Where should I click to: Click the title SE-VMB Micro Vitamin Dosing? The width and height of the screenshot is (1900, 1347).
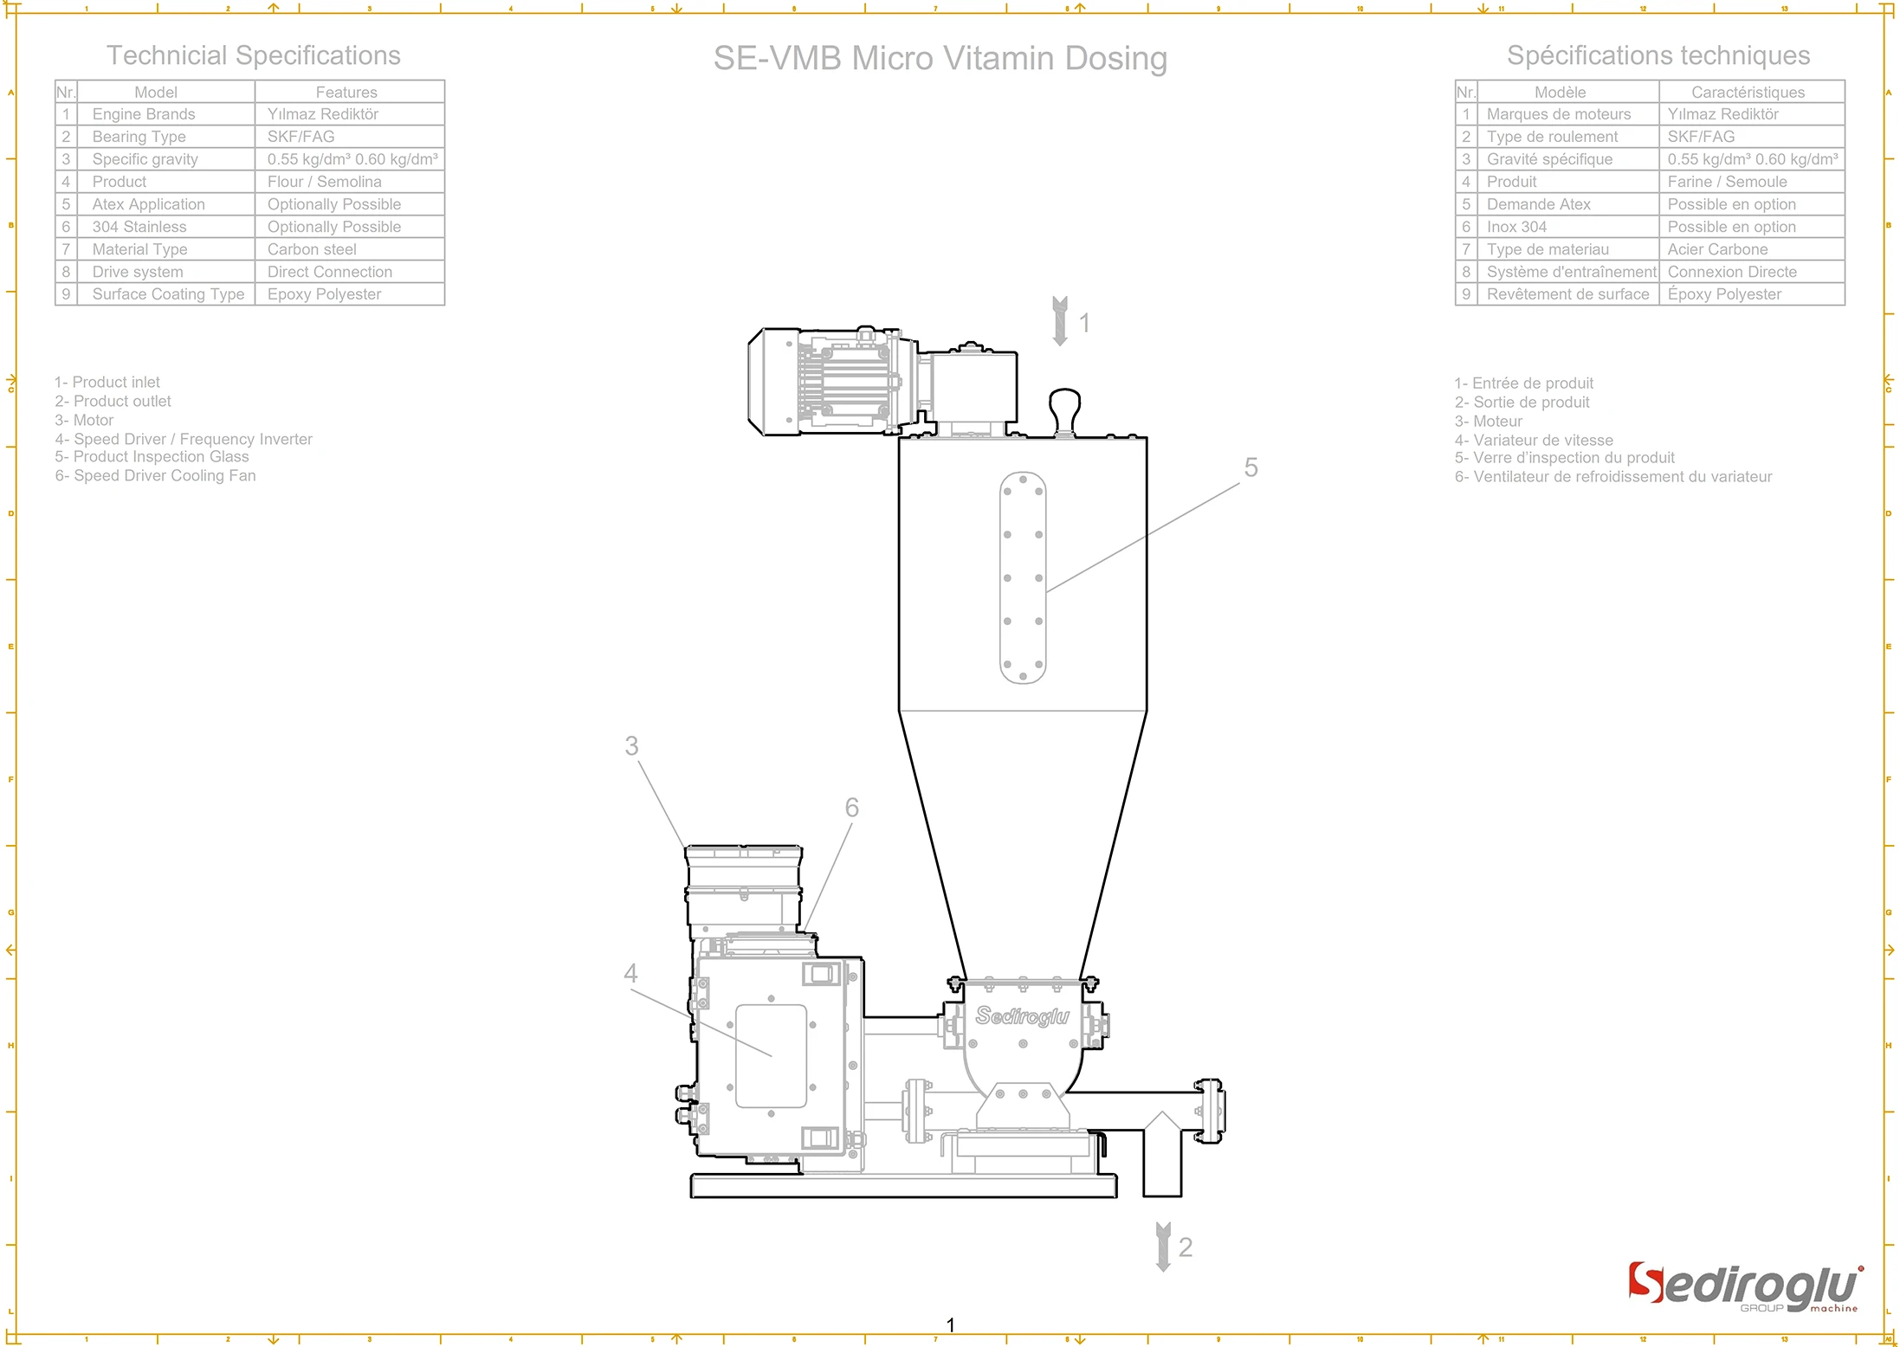click(940, 59)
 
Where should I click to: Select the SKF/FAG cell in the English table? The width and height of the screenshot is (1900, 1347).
click(301, 137)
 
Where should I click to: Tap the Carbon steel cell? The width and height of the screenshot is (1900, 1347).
click(312, 249)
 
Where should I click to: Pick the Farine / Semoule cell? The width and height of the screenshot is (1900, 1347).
click(1727, 182)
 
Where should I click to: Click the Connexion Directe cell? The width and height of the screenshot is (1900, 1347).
click(1732, 272)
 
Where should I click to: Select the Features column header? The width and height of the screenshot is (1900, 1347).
click(346, 92)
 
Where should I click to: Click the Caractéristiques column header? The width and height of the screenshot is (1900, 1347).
click(1748, 92)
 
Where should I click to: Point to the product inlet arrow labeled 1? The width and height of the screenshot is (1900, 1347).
click(1060, 321)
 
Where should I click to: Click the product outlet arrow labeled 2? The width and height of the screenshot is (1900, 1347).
click(1163, 1247)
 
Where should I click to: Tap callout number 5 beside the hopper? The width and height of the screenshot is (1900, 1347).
click(1251, 468)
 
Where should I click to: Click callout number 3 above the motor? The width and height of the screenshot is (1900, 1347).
click(631, 746)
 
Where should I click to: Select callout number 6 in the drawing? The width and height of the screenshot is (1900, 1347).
click(851, 808)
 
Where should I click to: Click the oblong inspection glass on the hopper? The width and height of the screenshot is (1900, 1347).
click(1023, 577)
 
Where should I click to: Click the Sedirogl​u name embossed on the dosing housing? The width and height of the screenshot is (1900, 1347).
click(1022, 1015)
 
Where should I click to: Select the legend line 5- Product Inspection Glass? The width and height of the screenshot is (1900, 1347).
click(152, 457)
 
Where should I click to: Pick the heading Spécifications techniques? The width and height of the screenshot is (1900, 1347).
click(1658, 55)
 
